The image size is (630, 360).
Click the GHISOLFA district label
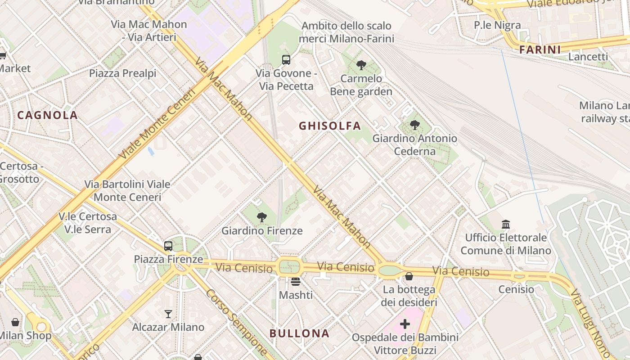pyautogui.click(x=330, y=126)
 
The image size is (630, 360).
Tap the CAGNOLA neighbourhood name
pyautogui.click(x=48, y=115)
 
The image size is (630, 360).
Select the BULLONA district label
pyautogui.click(x=299, y=333)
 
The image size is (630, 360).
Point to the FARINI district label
pyautogui.click(x=540, y=50)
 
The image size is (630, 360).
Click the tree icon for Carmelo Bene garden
pyautogui.click(x=361, y=65)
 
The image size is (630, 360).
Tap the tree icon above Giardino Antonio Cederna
pyautogui.click(x=414, y=125)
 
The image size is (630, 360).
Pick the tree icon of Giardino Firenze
pyautogui.click(x=261, y=218)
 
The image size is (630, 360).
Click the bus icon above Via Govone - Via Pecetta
pyautogui.click(x=286, y=59)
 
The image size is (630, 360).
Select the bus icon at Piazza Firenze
pyautogui.click(x=168, y=246)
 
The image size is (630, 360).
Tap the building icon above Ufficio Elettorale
pyautogui.click(x=506, y=224)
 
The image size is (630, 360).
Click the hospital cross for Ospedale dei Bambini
pyautogui.click(x=405, y=324)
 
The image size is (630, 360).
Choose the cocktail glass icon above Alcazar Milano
pyautogui.click(x=168, y=314)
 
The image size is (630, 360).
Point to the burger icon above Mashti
pyautogui.click(x=295, y=282)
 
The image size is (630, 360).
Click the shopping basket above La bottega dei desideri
pyautogui.click(x=409, y=276)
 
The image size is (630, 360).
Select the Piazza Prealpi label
pyautogui.click(x=122, y=73)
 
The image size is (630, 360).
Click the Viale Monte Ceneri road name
pyautogui.click(x=157, y=124)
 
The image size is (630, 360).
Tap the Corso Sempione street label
pyautogui.click(x=236, y=322)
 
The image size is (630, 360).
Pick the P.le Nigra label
pyautogui.click(x=497, y=25)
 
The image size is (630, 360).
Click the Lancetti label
pyautogui.click(x=588, y=57)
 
